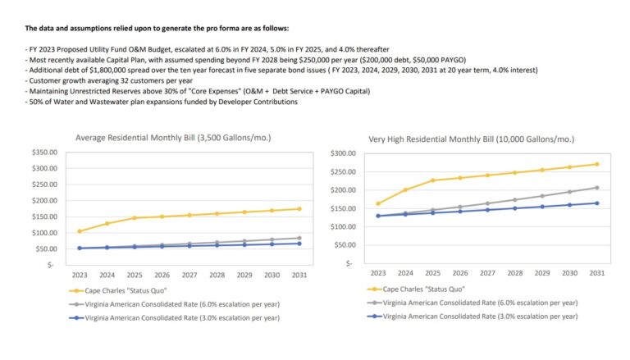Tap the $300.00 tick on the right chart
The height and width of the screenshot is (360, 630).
(343, 153)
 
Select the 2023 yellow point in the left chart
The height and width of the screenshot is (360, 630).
(80, 231)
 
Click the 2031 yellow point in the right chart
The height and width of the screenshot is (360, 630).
(596, 164)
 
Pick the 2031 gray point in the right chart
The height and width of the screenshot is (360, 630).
(596, 188)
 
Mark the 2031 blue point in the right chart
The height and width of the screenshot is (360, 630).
(596, 203)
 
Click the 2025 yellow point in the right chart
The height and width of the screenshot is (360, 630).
(432, 180)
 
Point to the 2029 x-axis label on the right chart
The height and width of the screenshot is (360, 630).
(541, 273)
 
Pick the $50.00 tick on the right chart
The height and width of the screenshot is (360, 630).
(345, 245)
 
